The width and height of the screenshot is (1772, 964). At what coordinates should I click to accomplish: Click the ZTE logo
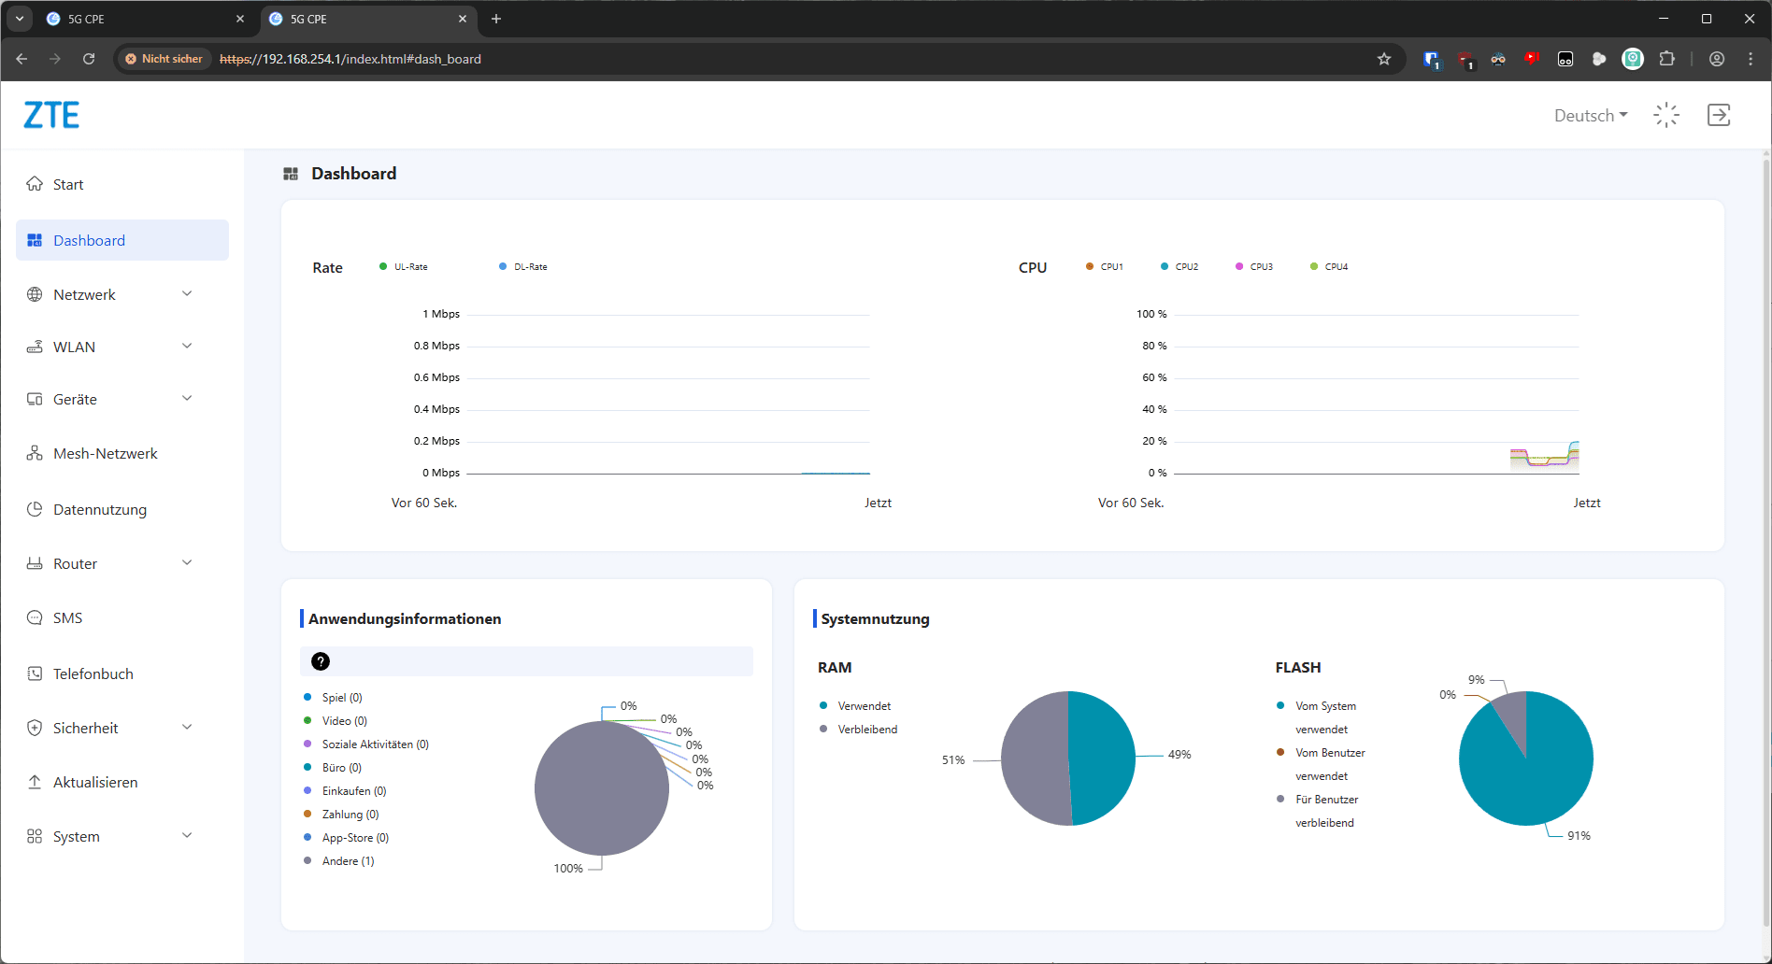point(51,115)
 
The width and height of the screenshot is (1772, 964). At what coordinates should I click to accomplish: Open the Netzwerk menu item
point(84,294)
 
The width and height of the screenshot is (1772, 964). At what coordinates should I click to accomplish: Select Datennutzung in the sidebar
point(99,509)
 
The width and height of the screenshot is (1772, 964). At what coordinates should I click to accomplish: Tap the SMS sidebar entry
point(67,617)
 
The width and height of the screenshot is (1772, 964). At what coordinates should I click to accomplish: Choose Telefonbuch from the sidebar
point(93,673)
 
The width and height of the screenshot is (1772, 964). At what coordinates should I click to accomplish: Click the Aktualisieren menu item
point(95,782)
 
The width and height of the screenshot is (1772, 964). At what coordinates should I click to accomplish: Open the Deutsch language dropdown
point(1591,115)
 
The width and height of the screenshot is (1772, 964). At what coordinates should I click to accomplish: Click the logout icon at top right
point(1719,115)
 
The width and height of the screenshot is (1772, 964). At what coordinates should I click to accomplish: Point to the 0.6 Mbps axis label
point(436,377)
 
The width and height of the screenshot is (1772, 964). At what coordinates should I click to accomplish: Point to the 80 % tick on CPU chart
point(1154,346)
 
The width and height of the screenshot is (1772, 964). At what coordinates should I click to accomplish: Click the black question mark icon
point(321,661)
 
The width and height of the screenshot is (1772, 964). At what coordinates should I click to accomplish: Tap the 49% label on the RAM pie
point(1179,755)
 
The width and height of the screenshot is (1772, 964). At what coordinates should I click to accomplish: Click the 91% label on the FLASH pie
point(1579,836)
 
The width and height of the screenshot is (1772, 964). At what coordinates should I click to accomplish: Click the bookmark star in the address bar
point(1384,59)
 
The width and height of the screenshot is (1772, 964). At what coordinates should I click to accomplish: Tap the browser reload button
point(89,59)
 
